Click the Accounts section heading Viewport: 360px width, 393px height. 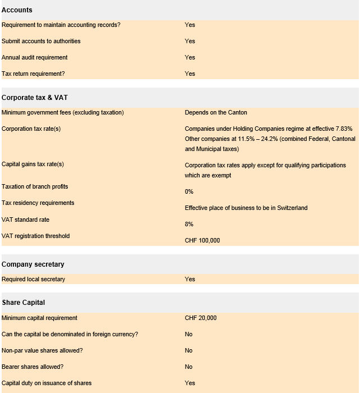coord(17,10)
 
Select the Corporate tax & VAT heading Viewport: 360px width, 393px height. coord(35,98)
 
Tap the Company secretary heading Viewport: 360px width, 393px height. coord(33,264)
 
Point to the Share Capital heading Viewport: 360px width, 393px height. coord(23,303)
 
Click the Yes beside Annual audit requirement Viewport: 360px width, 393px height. coord(190,57)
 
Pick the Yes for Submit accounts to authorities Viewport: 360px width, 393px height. coord(190,41)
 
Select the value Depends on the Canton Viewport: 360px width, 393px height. coord(216,113)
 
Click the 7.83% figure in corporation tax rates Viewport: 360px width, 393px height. coord(343,129)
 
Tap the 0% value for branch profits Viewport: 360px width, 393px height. coord(189,191)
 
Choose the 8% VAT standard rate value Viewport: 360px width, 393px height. coord(189,224)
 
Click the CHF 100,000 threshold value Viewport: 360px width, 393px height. coord(202,240)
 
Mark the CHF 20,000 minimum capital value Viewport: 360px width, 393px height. coord(201,318)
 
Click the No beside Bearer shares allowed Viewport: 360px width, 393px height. coord(188,367)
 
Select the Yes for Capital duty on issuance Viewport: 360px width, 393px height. coord(190,383)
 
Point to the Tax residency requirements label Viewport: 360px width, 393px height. coord(38,203)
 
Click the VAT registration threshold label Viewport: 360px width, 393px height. coord(36,236)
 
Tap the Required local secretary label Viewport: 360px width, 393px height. coord(33,279)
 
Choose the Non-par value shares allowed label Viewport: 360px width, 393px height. coord(42,350)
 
